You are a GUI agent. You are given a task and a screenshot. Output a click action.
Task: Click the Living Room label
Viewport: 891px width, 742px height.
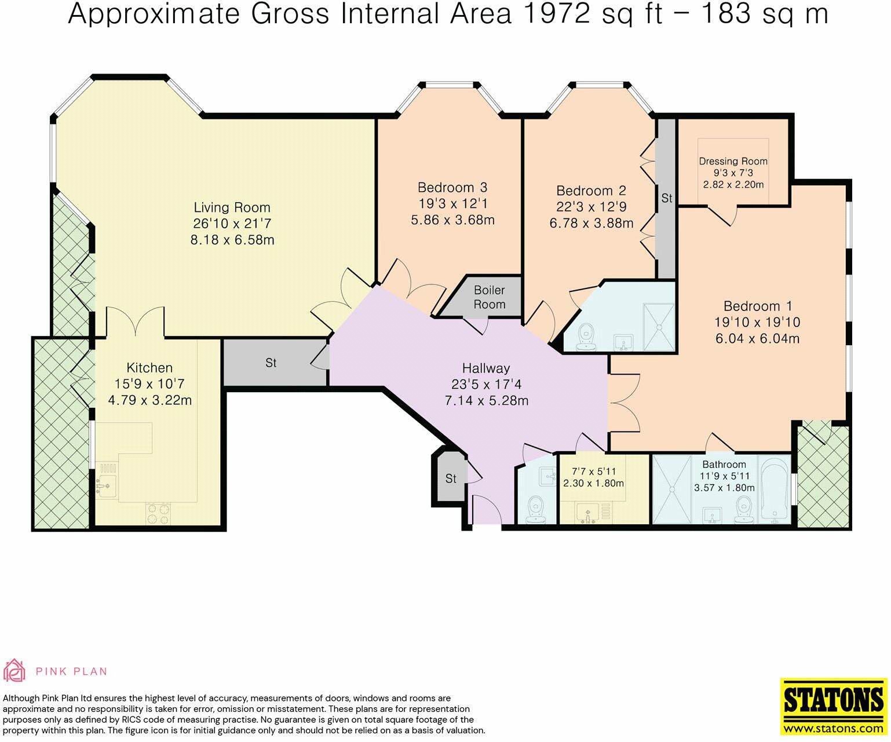pos(232,207)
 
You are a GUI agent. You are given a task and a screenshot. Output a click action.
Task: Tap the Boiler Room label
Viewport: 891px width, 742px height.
pos(490,297)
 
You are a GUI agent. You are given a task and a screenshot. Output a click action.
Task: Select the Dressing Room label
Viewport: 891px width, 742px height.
pos(733,161)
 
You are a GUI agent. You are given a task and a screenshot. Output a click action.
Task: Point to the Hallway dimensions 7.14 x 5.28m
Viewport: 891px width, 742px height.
pos(487,401)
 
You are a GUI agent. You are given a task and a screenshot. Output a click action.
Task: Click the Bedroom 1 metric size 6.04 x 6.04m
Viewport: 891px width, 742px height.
pos(757,338)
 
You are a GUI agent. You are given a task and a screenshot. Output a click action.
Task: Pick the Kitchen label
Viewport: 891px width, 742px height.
pos(149,368)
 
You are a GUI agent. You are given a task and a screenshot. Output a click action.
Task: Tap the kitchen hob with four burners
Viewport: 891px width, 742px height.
pos(158,513)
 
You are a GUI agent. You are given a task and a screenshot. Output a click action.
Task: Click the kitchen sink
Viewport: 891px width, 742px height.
pos(106,480)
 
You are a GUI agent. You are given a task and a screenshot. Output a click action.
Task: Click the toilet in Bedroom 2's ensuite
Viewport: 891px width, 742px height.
pos(586,337)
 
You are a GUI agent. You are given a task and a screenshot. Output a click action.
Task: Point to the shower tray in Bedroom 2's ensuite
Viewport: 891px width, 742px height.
pos(659,327)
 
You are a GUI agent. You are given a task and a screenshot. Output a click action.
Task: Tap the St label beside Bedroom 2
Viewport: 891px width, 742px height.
pos(667,198)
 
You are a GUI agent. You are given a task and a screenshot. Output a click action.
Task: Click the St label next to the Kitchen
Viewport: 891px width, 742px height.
pos(271,363)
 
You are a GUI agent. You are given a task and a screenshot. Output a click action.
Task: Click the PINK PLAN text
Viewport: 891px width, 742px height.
pos(71,671)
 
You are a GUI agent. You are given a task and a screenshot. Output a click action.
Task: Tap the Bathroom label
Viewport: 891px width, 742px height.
pos(724,464)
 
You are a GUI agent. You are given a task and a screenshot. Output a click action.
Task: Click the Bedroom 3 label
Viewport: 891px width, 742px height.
pos(452,187)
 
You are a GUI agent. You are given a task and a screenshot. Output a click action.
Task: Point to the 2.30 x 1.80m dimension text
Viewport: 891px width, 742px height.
pos(594,484)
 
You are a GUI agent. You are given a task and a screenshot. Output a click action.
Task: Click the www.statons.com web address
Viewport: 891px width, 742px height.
pos(834,729)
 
